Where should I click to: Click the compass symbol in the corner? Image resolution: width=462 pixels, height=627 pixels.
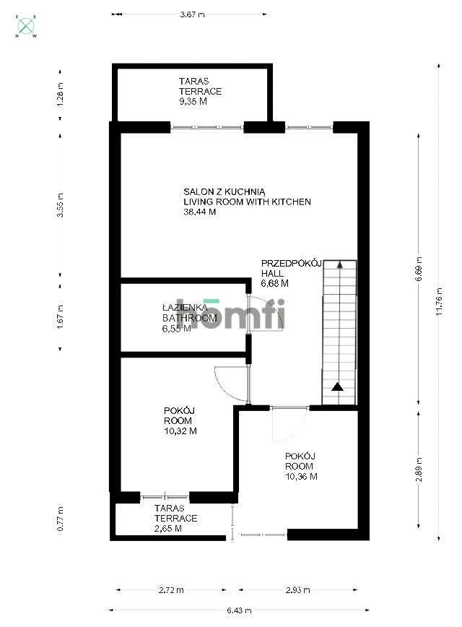[27, 26]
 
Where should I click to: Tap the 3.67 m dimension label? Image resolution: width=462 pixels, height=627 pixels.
[191, 14]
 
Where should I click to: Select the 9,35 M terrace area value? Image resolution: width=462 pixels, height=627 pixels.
[193, 102]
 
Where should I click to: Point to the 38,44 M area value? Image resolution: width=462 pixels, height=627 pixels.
[200, 212]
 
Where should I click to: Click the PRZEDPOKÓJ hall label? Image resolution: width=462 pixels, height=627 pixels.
[284, 264]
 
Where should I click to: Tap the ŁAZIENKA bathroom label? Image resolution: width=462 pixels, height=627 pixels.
[184, 308]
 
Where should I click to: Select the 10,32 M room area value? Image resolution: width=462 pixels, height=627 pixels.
[180, 431]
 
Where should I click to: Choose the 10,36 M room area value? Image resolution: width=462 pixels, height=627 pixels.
[301, 476]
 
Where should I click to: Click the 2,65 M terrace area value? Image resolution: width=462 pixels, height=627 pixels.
[167, 529]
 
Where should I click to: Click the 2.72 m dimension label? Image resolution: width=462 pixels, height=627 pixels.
[170, 590]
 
